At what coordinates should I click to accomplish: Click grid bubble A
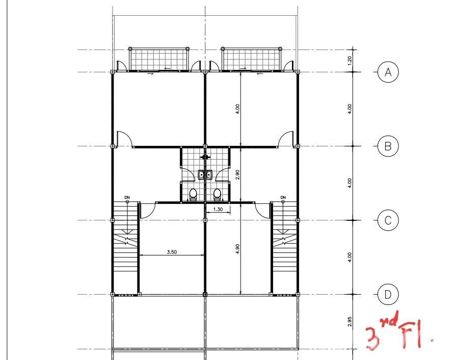[x=388, y=72]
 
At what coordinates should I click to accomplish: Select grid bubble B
[x=388, y=146]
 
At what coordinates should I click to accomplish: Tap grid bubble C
[x=388, y=220]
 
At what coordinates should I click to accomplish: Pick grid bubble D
[x=388, y=295]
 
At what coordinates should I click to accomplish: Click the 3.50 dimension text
[x=172, y=252]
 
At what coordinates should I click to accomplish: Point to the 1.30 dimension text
[x=218, y=209]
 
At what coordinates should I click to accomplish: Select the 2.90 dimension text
[x=237, y=174]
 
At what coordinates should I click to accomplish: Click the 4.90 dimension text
[x=237, y=249]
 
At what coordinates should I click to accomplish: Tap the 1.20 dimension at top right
[x=350, y=61]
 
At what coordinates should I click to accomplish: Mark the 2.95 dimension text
[x=350, y=322]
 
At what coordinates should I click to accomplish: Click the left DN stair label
[x=127, y=198]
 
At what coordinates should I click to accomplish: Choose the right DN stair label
[x=283, y=198]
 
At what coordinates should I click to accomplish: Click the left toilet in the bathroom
[x=193, y=194]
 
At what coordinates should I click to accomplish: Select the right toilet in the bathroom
[x=217, y=194]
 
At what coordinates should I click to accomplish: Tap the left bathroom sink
[x=201, y=174]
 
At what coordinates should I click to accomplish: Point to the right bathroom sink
[x=209, y=174]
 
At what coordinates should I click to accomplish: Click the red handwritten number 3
[x=372, y=338]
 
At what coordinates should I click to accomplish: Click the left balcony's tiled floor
[x=158, y=60]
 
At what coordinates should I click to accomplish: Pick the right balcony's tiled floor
[x=252, y=60]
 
